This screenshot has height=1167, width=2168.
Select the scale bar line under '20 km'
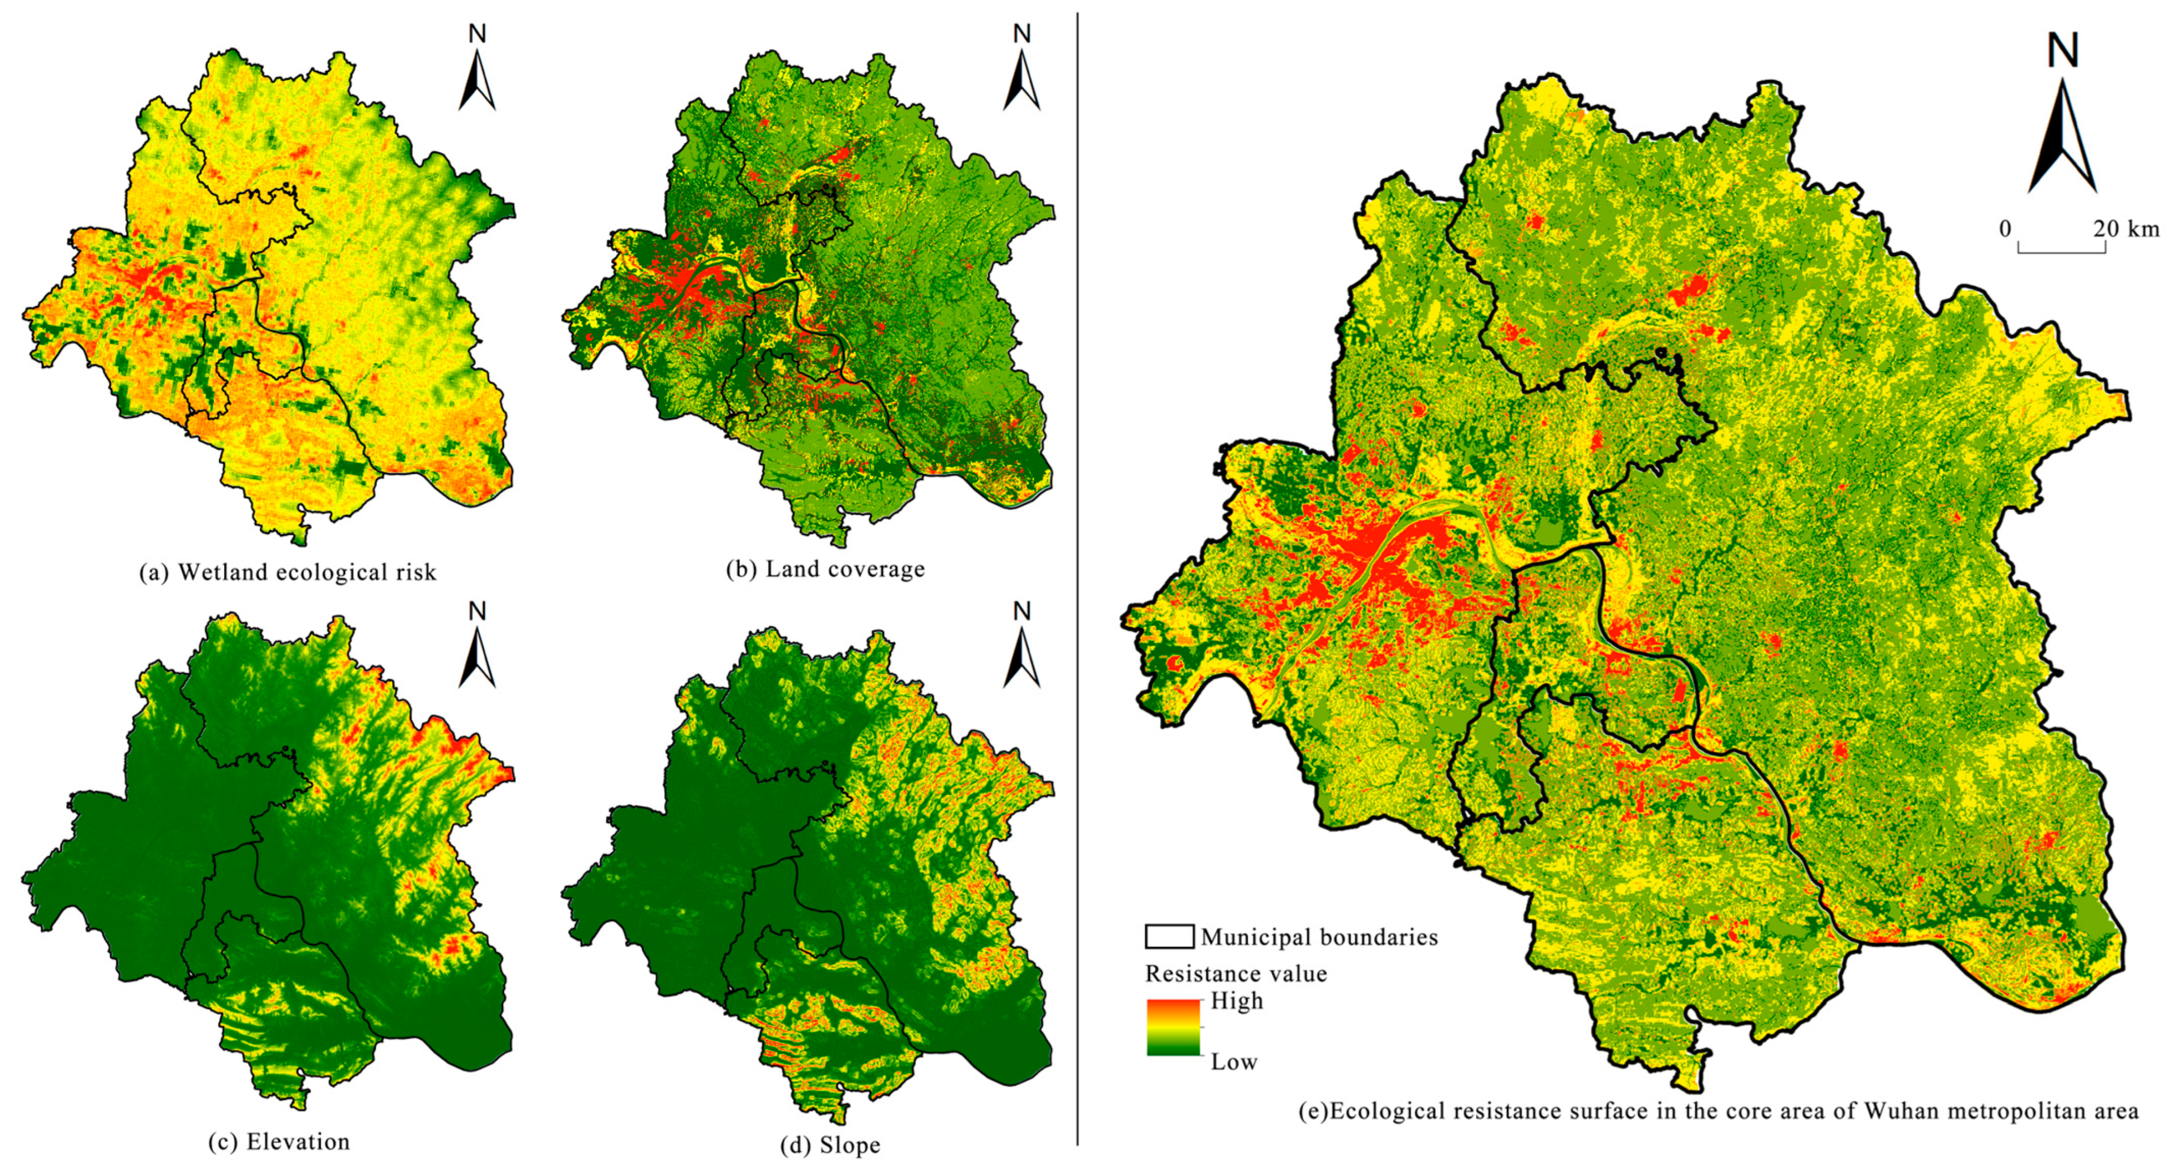pyautogui.click(x=2062, y=251)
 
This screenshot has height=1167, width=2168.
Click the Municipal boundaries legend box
pyautogui.click(x=1169, y=936)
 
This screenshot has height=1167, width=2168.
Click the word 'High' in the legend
pyautogui.click(x=1237, y=1001)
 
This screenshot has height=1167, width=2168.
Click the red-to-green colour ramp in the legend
pyautogui.click(x=1173, y=1027)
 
